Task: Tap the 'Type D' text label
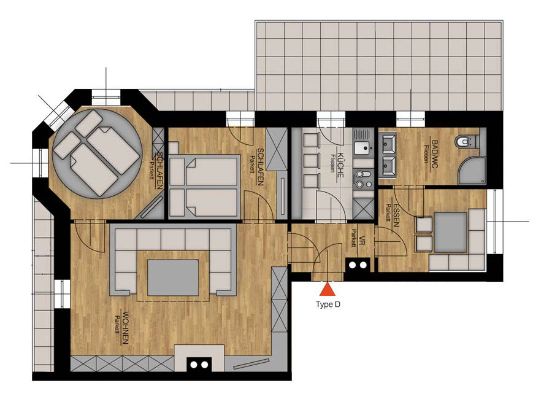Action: tap(328, 304)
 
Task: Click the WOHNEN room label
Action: tap(125, 327)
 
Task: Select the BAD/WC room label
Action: tap(434, 154)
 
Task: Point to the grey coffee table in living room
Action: tap(173, 277)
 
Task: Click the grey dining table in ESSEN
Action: tap(451, 232)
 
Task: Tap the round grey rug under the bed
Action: tap(99, 153)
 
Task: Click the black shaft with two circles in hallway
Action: tap(358, 265)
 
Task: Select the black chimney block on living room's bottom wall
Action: tap(199, 365)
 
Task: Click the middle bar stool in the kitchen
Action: tap(311, 161)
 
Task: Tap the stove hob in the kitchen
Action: tap(363, 179)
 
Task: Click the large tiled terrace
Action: tap(379, 66)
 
